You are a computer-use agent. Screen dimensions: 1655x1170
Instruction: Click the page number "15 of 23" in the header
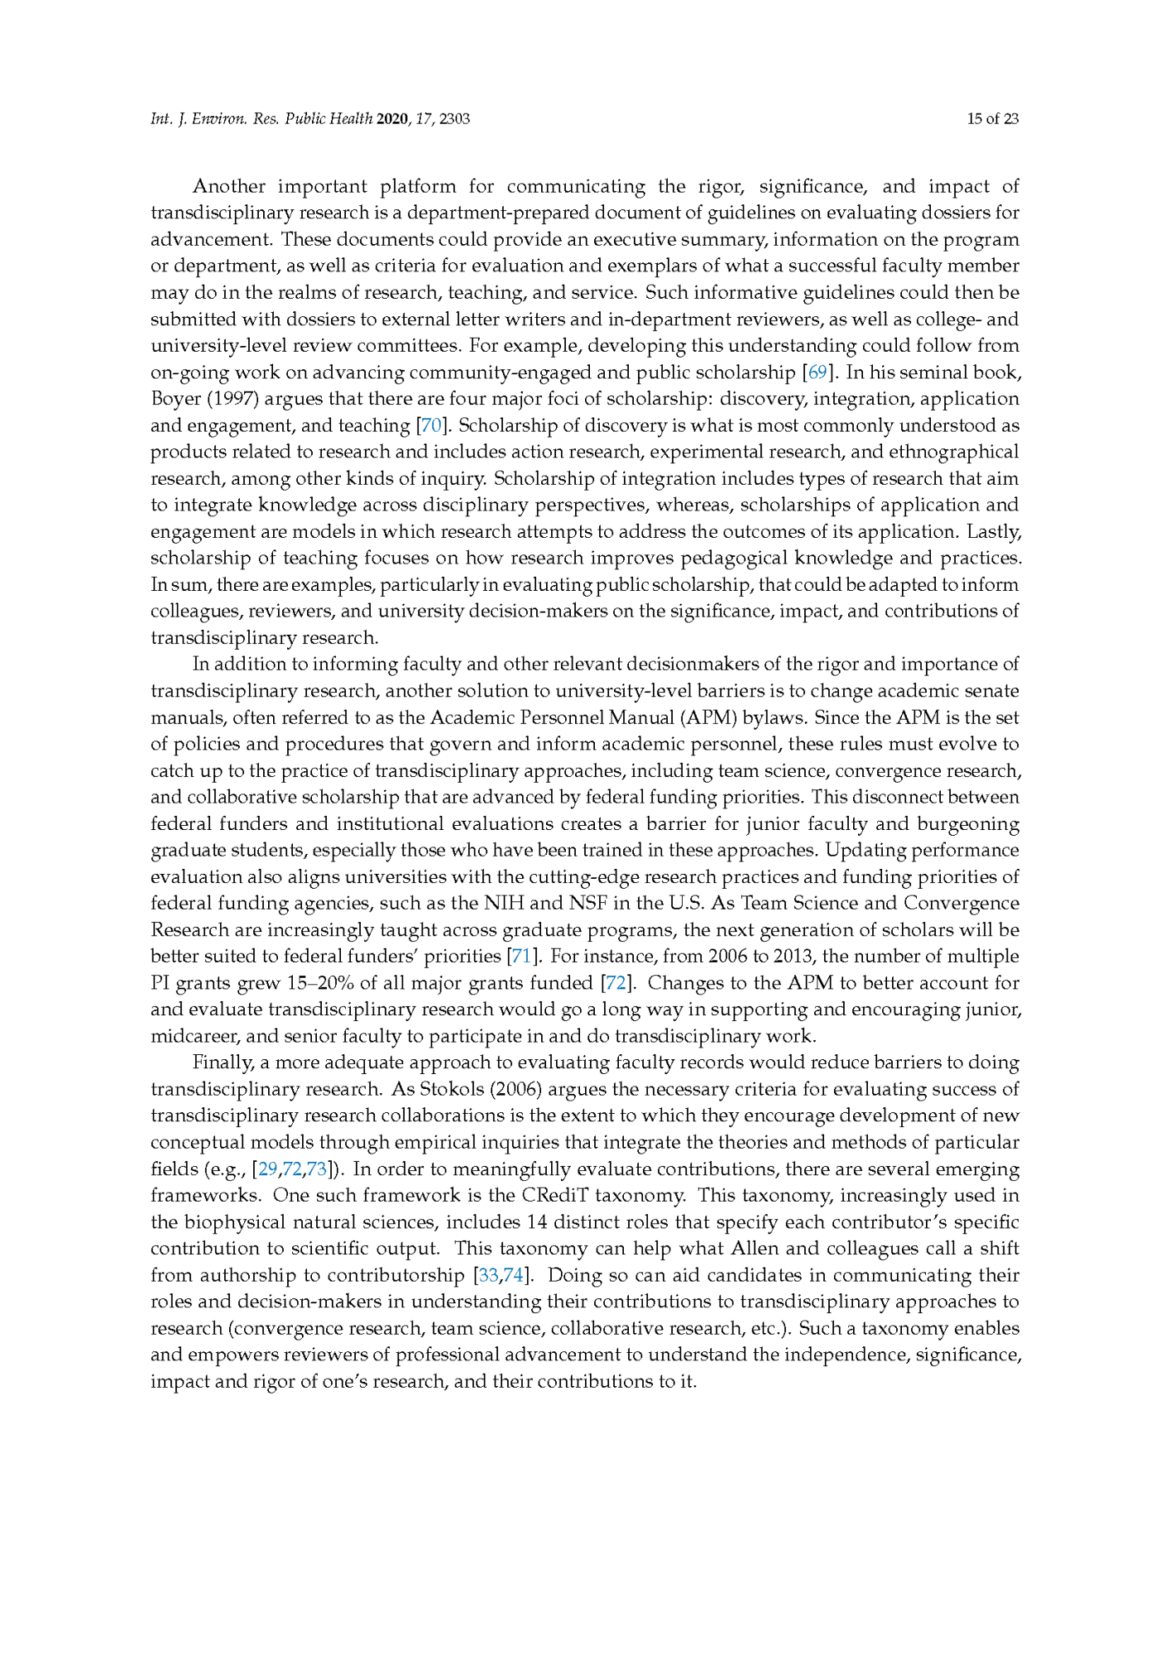[992, 119]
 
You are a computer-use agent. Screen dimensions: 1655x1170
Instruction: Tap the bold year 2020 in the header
[392, 119]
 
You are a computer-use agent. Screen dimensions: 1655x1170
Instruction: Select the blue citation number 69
[817, 372]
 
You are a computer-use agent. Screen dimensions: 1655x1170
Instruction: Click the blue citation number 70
[431, 426]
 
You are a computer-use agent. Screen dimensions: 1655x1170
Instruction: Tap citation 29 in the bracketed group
[268, 1169]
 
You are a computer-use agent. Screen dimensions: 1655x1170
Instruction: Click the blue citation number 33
[489, 1275]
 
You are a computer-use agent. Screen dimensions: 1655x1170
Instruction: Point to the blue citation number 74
[514, 1275]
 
